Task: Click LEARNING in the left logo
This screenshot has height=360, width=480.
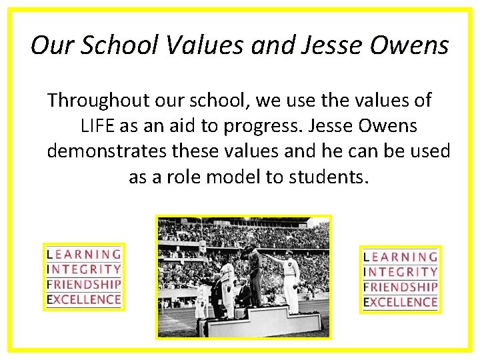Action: pyautogui.click(x=84, y=254)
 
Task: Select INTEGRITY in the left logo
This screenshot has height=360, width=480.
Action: pyautogui.click(x=84, y=269)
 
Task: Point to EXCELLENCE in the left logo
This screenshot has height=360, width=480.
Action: pyautogui.click(x=84, y=299)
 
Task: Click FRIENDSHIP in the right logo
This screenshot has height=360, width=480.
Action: pyautogui.click(x=401, y=287)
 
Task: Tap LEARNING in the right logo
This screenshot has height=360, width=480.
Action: pyautogui.click(x=401, y=257)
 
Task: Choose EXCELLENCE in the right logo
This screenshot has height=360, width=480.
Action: pyautogui.click(x=401, y=303)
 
